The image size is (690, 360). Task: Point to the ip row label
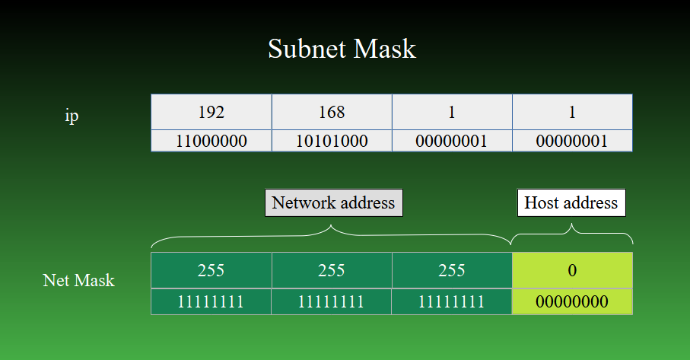(72, 116)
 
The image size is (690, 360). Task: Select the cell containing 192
(211, 113)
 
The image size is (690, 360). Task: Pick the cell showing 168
(332, 113)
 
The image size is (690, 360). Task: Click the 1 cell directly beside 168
(452, 113)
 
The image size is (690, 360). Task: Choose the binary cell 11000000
(211, 141)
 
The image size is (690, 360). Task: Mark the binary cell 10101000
(332, 141)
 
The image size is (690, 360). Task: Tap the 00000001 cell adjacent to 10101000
(452, 141)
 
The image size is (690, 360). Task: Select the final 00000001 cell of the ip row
(572, 141)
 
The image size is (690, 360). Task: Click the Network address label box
(333, 202)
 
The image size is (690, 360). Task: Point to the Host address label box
(571, 202)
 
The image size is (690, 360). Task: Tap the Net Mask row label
(78, 280)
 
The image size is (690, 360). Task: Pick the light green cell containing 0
(572, 270)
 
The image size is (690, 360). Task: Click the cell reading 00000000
(572, 301)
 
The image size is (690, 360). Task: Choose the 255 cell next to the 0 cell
(452, 270)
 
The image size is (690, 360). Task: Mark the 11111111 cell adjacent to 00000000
(452, 301)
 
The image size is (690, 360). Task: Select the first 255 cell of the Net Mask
(211, 270)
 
